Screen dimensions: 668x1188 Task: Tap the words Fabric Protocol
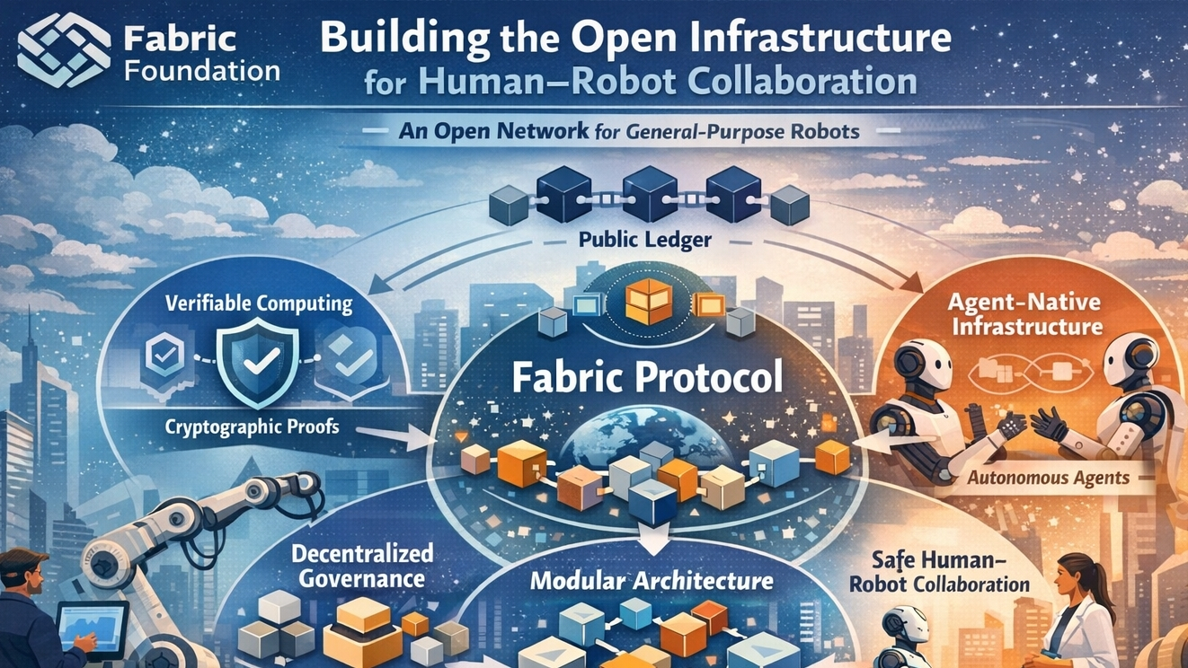point(647,378)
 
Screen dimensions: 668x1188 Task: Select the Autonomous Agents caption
point(1048,477)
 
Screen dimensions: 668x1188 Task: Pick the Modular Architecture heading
point(652,580)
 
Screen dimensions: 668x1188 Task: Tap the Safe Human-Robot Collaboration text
point(951,573)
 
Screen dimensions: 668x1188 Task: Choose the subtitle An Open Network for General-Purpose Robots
point(629,132)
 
